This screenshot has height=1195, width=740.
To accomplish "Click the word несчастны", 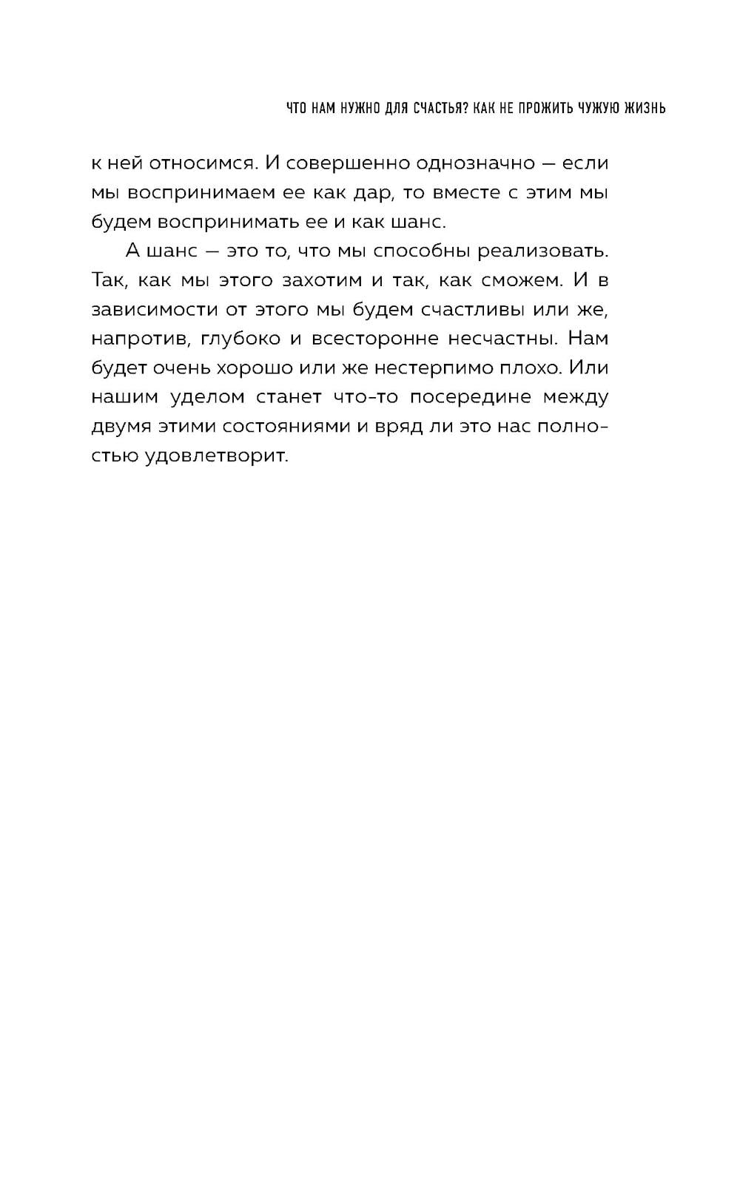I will [x=500, y=339].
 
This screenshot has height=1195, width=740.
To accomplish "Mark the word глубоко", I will [x=240, y=339].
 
